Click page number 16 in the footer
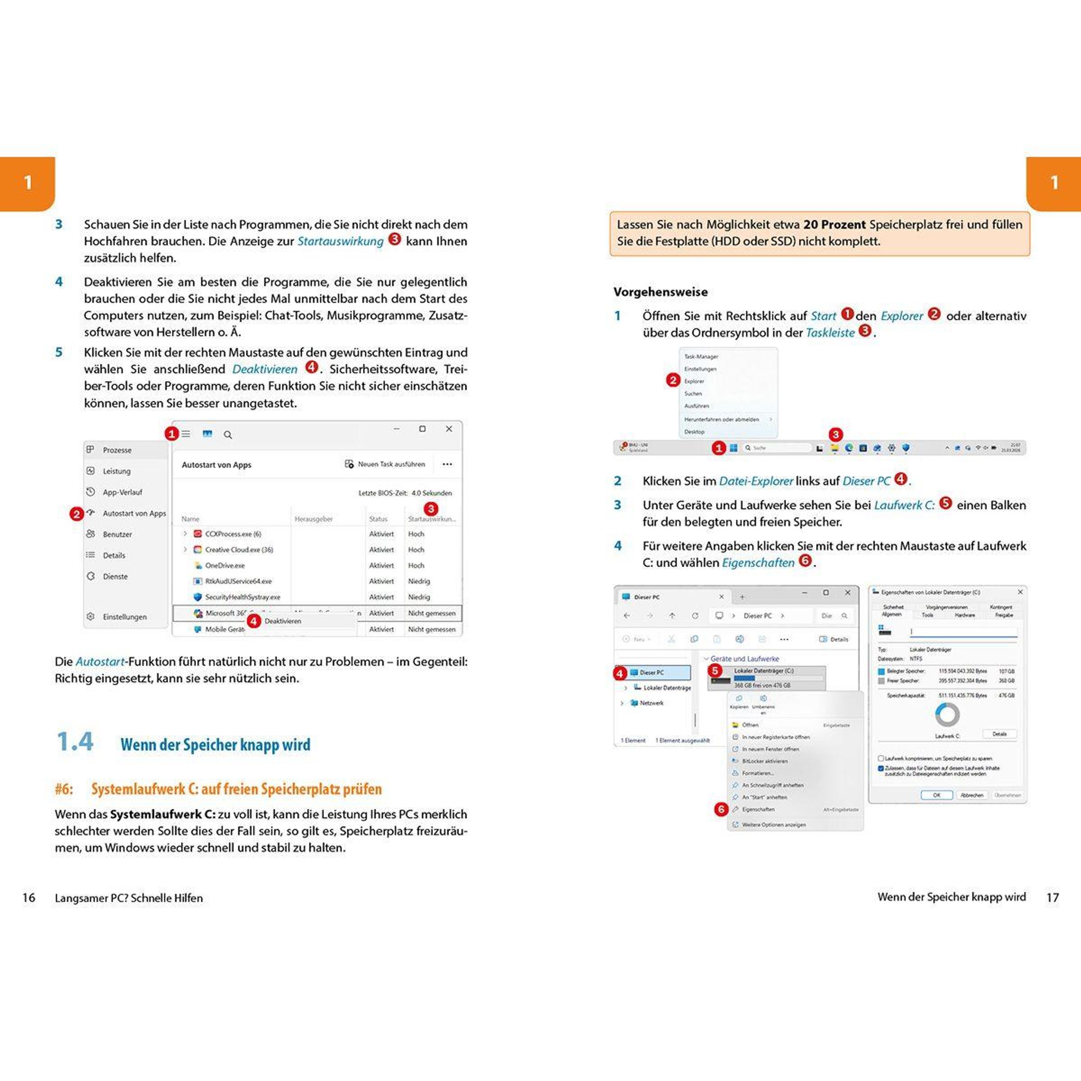tap(28, 898)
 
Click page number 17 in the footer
tap(1053, 898)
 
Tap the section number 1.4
tap(75, 742)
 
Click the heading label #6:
tap(64, 789)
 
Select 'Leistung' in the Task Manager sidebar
tap(116, 471)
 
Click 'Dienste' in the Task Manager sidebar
tap(115, 577)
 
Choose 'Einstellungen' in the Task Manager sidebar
tap(124, 617)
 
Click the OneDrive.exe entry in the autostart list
tap(224, 565)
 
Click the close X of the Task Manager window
tap(449, 429)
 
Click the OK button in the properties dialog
tap(936, 795)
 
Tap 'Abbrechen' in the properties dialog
tap(972, 795)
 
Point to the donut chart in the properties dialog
tap(947, 714)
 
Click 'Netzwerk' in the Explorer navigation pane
tap(651, 703)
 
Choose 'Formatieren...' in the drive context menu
tap(758, 773)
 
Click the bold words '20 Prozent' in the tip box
tap(834, 224)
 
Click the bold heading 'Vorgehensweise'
tap(660, 291)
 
